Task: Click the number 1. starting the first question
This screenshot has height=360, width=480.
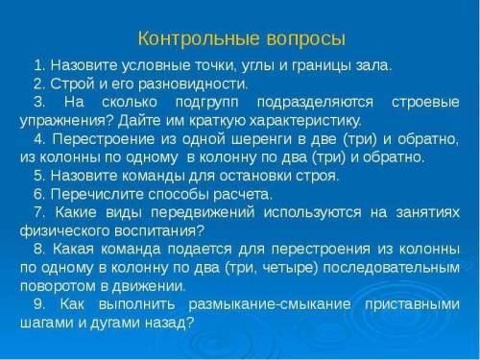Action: coord(39,65)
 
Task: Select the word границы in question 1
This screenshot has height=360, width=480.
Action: coord(324,65)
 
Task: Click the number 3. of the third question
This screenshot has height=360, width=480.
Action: coord(39,102)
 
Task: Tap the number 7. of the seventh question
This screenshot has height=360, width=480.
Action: coord(39,212)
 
